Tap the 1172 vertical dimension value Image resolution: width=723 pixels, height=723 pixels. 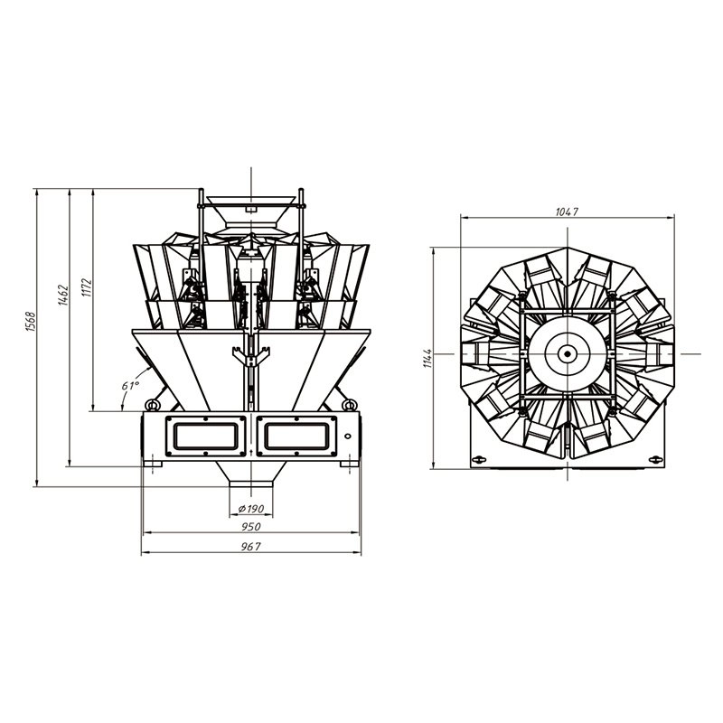click(x=86, y=288)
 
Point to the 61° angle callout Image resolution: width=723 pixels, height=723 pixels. click(x=130, y=386)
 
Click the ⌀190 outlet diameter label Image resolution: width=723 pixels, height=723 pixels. click(x=251, y=509)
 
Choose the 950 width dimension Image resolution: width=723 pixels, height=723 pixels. click(x=250, y=527)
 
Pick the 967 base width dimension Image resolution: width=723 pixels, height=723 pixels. click(x=250, y=548)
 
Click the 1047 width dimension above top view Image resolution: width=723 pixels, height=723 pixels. click(x=567, y=211)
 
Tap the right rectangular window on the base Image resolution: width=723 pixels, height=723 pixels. click(x=296, y=437)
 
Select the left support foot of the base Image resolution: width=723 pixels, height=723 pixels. click(x=154, y=465)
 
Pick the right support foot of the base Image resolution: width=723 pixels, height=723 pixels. click(x=348, y=465)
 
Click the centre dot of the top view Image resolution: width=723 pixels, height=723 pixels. click(x=568, y=354)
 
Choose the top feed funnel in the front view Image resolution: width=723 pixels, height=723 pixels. click(x=249, y=200)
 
